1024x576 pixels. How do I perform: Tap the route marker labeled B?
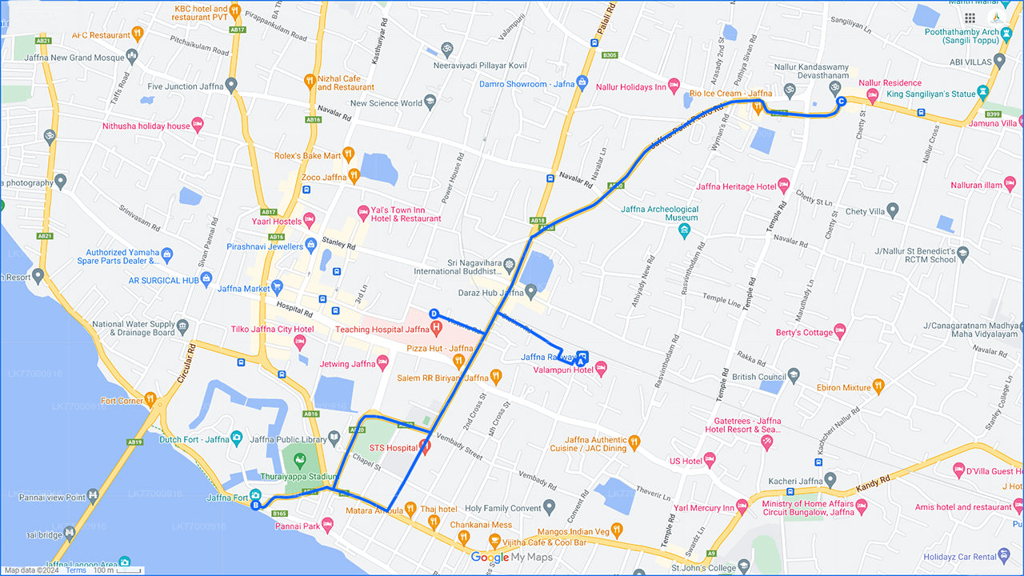pyautogui.click(x=255, y=506)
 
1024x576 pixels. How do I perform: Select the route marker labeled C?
pyautogui.click(x=840, y=102)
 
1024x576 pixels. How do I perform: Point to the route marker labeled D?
pyautogui.click(x=434, y=314)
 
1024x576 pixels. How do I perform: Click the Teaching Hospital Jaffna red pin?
pyautogui.click(x=436, y=327)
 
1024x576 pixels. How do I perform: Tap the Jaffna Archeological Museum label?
pyautogui.click(x=659, y=214)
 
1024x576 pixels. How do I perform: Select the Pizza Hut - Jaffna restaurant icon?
pyautogui.click(x=458, y=362)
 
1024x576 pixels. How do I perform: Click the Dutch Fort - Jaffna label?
pyautogui.click(x=194, y=439)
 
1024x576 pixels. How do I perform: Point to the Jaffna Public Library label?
pyautogui.click(x=289, y=439)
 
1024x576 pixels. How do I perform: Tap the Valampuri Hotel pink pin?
pyautogui.click(x=601, y=368)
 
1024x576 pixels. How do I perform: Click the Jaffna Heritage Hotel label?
pyautogui.click(x=736, y=186)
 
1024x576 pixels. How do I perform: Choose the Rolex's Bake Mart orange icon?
pyautogui.click(x=347, y=154)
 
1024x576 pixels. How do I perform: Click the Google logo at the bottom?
pyautogui.click(x=489, y=558)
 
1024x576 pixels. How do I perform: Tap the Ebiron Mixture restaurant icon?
pyautogui.click(x=878, y=387)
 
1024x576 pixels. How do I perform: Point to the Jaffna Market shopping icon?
pyautogui.click(x=277, y=286)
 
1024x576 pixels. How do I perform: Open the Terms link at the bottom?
pyautogui.click(x=76, y=570)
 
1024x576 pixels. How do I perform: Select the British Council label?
pyautogui.click(x=758, y=377)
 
